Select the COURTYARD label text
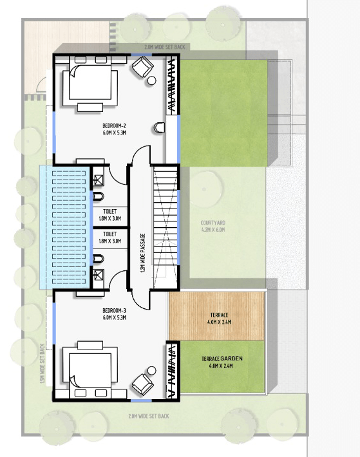pyautogui.click(x=213, y=223)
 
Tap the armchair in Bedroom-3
pyautogui.click(x=140, y=385)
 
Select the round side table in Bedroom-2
pyautogui.click(x=153, y=81)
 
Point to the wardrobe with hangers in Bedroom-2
pyautogui.click(x=172, y=86)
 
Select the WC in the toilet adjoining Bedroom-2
pyautogui.click(x=98, y=195)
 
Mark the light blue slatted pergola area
pyautogui.click(x=63, y=227)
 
